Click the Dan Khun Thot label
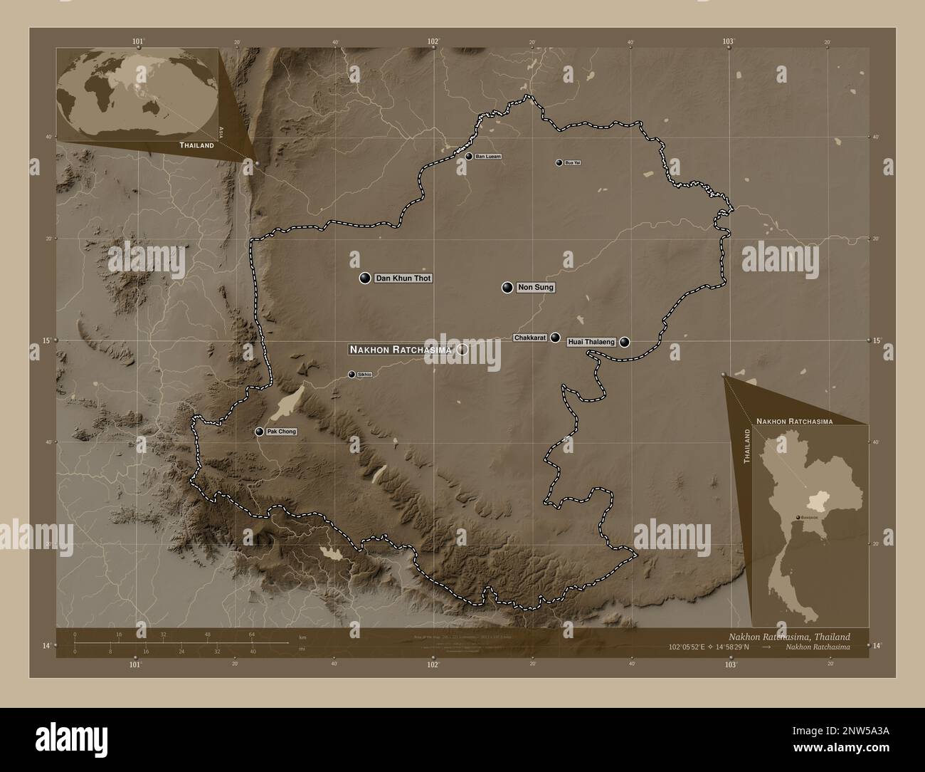pyautogui.click(x=403, y=278)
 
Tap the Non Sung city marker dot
pyautogui.click(x=507, y=288)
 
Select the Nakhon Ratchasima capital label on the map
pyautogui.click(x=401, y=350)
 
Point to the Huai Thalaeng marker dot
pyautogui.click(x=625, y=342)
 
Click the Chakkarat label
pyautogui.click(x=531, y=338)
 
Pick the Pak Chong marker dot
pyautogui.click(x=259, y=432)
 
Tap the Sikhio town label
pyautogui.click(x=364, y=374)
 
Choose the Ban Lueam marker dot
pyautogui.click(x=469, y=156)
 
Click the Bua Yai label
pyautogui.click(x=572, y=163)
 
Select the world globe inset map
pyautogui.click(x=138, y=93)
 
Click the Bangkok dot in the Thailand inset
pyautogui.click(x=797, y=518)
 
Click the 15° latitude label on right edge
pyautogui.click(x=877, y=340)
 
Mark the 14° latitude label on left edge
pyautogui.click(x=46, y=645)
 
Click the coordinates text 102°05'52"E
pyautogui.click(x=696, y=647)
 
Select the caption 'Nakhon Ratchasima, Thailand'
pyautogui.click(x=788, y=636)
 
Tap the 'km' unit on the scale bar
pyautogui.click(x=302, y=637)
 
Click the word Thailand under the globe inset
pyautogui.click(x=196, y=145)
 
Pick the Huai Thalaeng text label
pyautogui.click(x=591, y=343)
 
